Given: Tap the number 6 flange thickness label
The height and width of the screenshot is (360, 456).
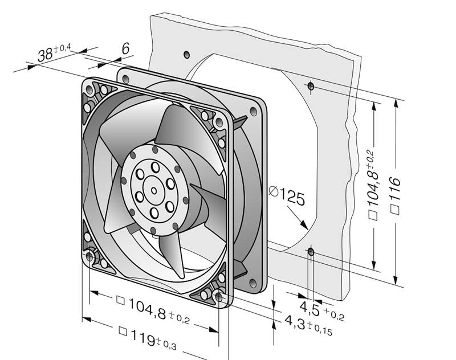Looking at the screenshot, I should click(125, 50).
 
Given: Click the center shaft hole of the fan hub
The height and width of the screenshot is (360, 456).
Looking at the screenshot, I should click(154, 191).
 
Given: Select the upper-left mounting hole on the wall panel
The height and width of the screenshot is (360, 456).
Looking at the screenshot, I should click(186, 55).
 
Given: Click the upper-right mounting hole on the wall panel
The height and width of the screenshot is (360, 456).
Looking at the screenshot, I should click(310, 86).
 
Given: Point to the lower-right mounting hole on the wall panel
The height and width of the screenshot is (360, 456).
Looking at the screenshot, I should click(310, 251).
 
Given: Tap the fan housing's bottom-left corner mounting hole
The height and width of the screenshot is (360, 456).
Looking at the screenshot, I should click(90, 257).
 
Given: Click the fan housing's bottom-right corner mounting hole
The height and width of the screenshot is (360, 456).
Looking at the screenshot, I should click(219, 296).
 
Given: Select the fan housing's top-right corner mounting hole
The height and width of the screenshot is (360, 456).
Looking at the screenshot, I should click(219, 122).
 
